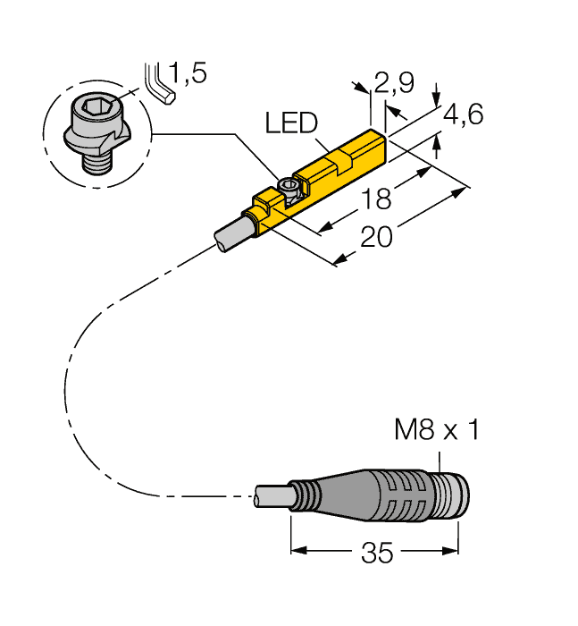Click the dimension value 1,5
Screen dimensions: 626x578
tap(188, 73)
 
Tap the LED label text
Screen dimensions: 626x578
tap(290, 123)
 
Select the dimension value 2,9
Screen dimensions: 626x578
tap(394, 84)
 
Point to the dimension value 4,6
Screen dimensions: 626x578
tap(464, 114)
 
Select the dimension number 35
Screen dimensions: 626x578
tap(376, 554)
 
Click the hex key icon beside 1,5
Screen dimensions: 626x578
tap(159, 82)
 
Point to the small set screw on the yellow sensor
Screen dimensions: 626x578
tap(289, 186)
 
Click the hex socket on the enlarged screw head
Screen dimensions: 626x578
tap(92, 114)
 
